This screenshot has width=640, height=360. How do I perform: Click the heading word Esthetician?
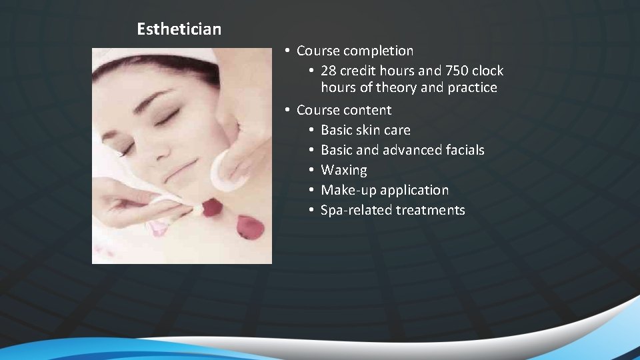179,29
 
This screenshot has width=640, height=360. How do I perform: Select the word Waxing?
343,170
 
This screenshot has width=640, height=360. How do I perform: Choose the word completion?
381,51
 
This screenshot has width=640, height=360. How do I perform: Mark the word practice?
473,87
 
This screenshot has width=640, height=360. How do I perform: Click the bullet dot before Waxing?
311,170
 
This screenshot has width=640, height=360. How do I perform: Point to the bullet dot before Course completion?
286,51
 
